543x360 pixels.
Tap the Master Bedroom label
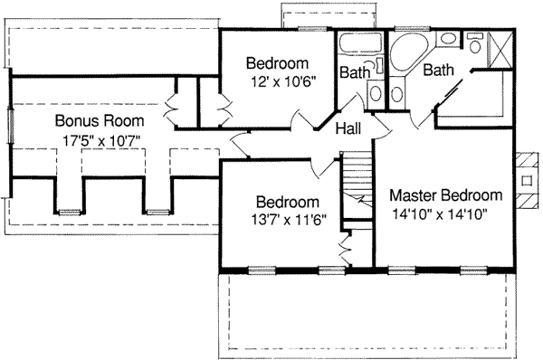[x=445, y=195]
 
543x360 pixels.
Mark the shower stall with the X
[x=498, y=48]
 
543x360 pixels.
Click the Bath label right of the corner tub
[x=439, y=70]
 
